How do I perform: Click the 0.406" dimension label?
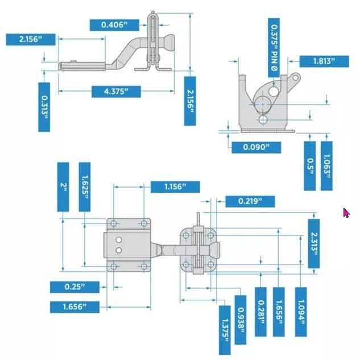tap(114, 24)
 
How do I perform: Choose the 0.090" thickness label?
tap(256, 147)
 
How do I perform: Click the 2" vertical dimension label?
tap(64, 187)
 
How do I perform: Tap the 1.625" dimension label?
tap(84, 187)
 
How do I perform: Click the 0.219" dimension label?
tap(250, 201)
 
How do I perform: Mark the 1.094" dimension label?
tap(301, 312)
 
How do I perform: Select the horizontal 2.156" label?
tap(32, 39)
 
